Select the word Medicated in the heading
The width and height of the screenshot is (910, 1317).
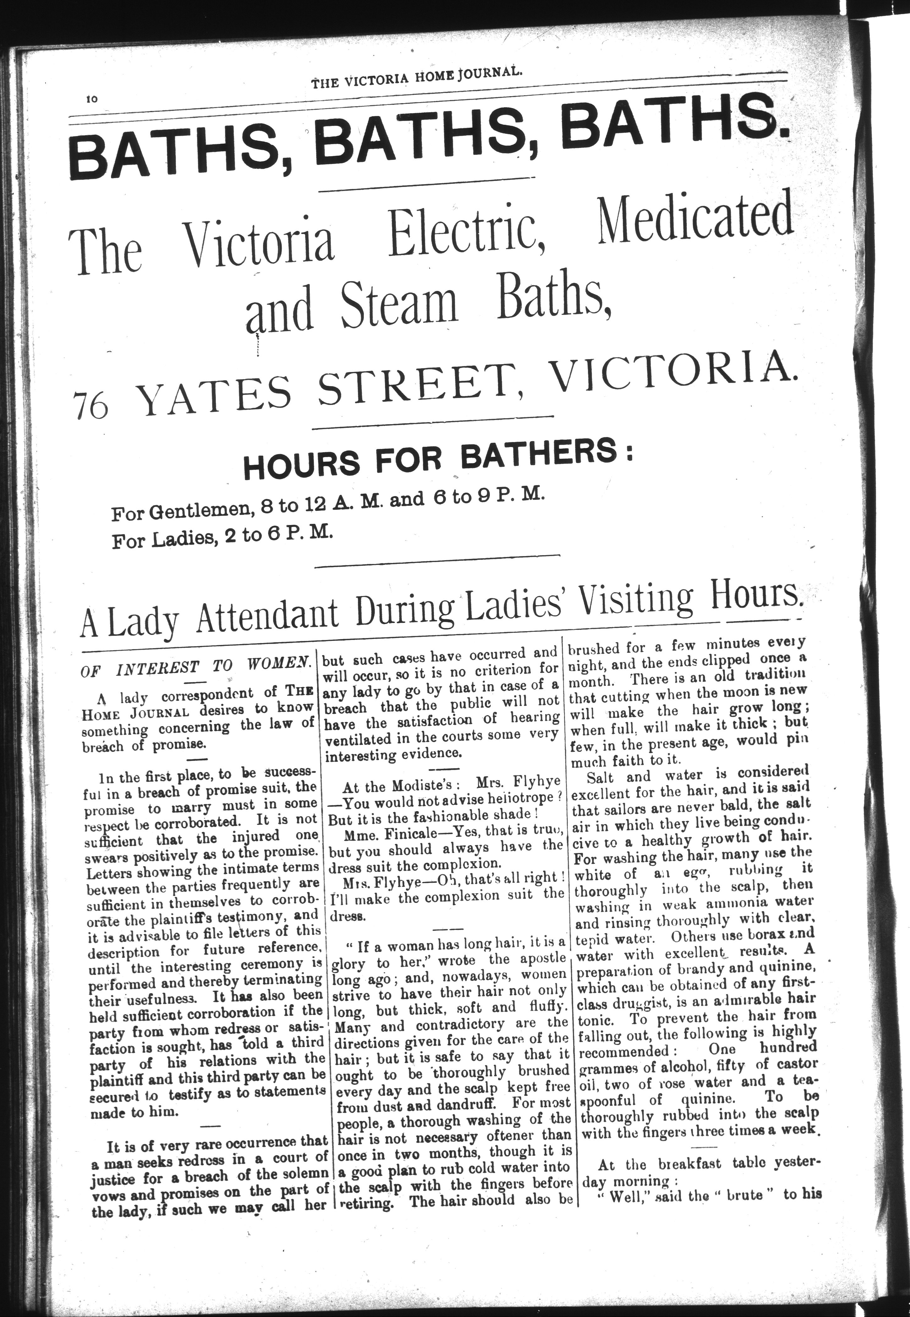pyautogui.click(x=694, y=222)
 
